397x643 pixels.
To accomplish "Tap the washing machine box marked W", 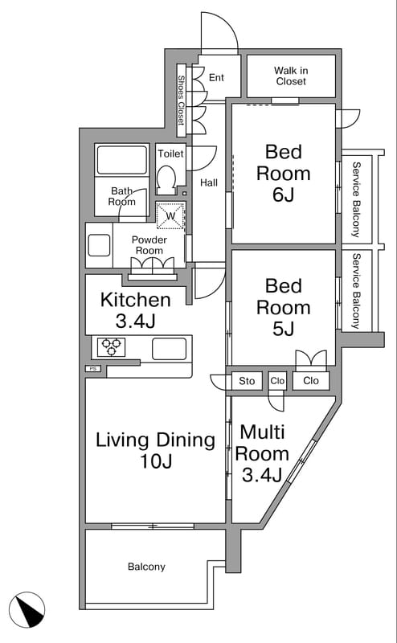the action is coord(170,215).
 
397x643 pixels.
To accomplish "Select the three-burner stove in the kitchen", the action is coord(112,347).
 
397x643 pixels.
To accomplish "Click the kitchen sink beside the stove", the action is coord(169,349).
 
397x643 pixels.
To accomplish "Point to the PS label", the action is coord(93,369).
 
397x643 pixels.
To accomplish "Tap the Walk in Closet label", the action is coord(291,76).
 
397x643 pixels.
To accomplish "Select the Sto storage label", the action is coord(247,381).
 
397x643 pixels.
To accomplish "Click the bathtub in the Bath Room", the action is coord(122,159).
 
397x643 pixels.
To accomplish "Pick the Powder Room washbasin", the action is coord(99,245).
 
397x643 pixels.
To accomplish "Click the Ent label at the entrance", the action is coord(216,77).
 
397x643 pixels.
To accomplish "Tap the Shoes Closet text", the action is coord(181,100).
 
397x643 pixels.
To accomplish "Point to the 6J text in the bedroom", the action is coord(284,195).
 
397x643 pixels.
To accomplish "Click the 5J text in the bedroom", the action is coord(284,329).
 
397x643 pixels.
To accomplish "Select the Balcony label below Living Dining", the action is coord(146,567).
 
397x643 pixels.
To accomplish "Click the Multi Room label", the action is coord(262,443).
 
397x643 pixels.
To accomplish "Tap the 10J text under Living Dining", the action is coord(155,461).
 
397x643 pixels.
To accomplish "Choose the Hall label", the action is coord(209,183).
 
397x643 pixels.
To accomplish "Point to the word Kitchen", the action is coord(135,300).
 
